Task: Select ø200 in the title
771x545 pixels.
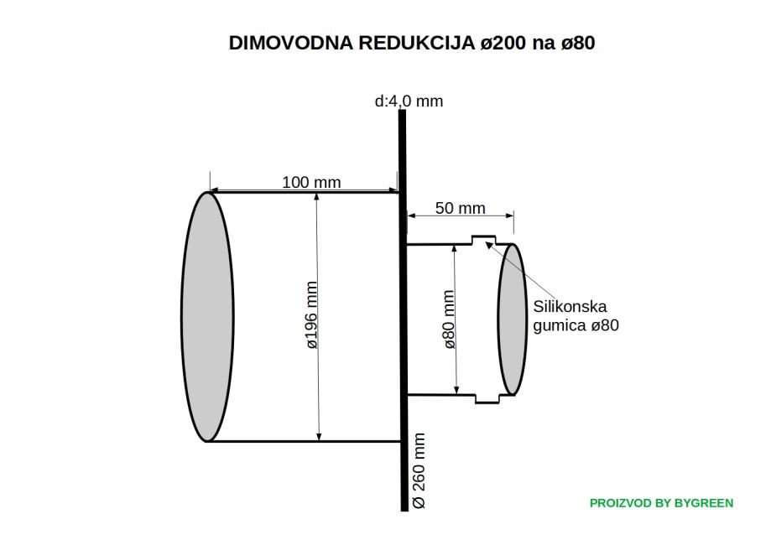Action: click(x=504, y=44)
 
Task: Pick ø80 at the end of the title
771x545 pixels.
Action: click(x=578, y=44)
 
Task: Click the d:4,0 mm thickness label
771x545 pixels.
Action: click(x=409, y=101)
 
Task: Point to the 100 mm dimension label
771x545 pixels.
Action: click(x=311, y=182)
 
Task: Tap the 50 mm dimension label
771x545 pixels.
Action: click(x=460, y=208)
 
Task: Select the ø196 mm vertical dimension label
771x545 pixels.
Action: click(x=311, y=315)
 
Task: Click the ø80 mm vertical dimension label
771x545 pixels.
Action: click(x=449, y=319)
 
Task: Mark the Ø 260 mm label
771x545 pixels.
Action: click(x=419, y=470)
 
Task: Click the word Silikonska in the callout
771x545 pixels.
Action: click(x=570, y=307)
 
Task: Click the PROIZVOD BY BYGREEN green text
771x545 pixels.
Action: click(x=661, y=503)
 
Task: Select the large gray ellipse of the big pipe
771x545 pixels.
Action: click(x=207, y=317)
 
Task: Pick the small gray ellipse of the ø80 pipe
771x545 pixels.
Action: click(x=512, y=319)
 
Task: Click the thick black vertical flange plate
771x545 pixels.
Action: click(x=403, y=335)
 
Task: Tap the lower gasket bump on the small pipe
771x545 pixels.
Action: click(x=486, y=397)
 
